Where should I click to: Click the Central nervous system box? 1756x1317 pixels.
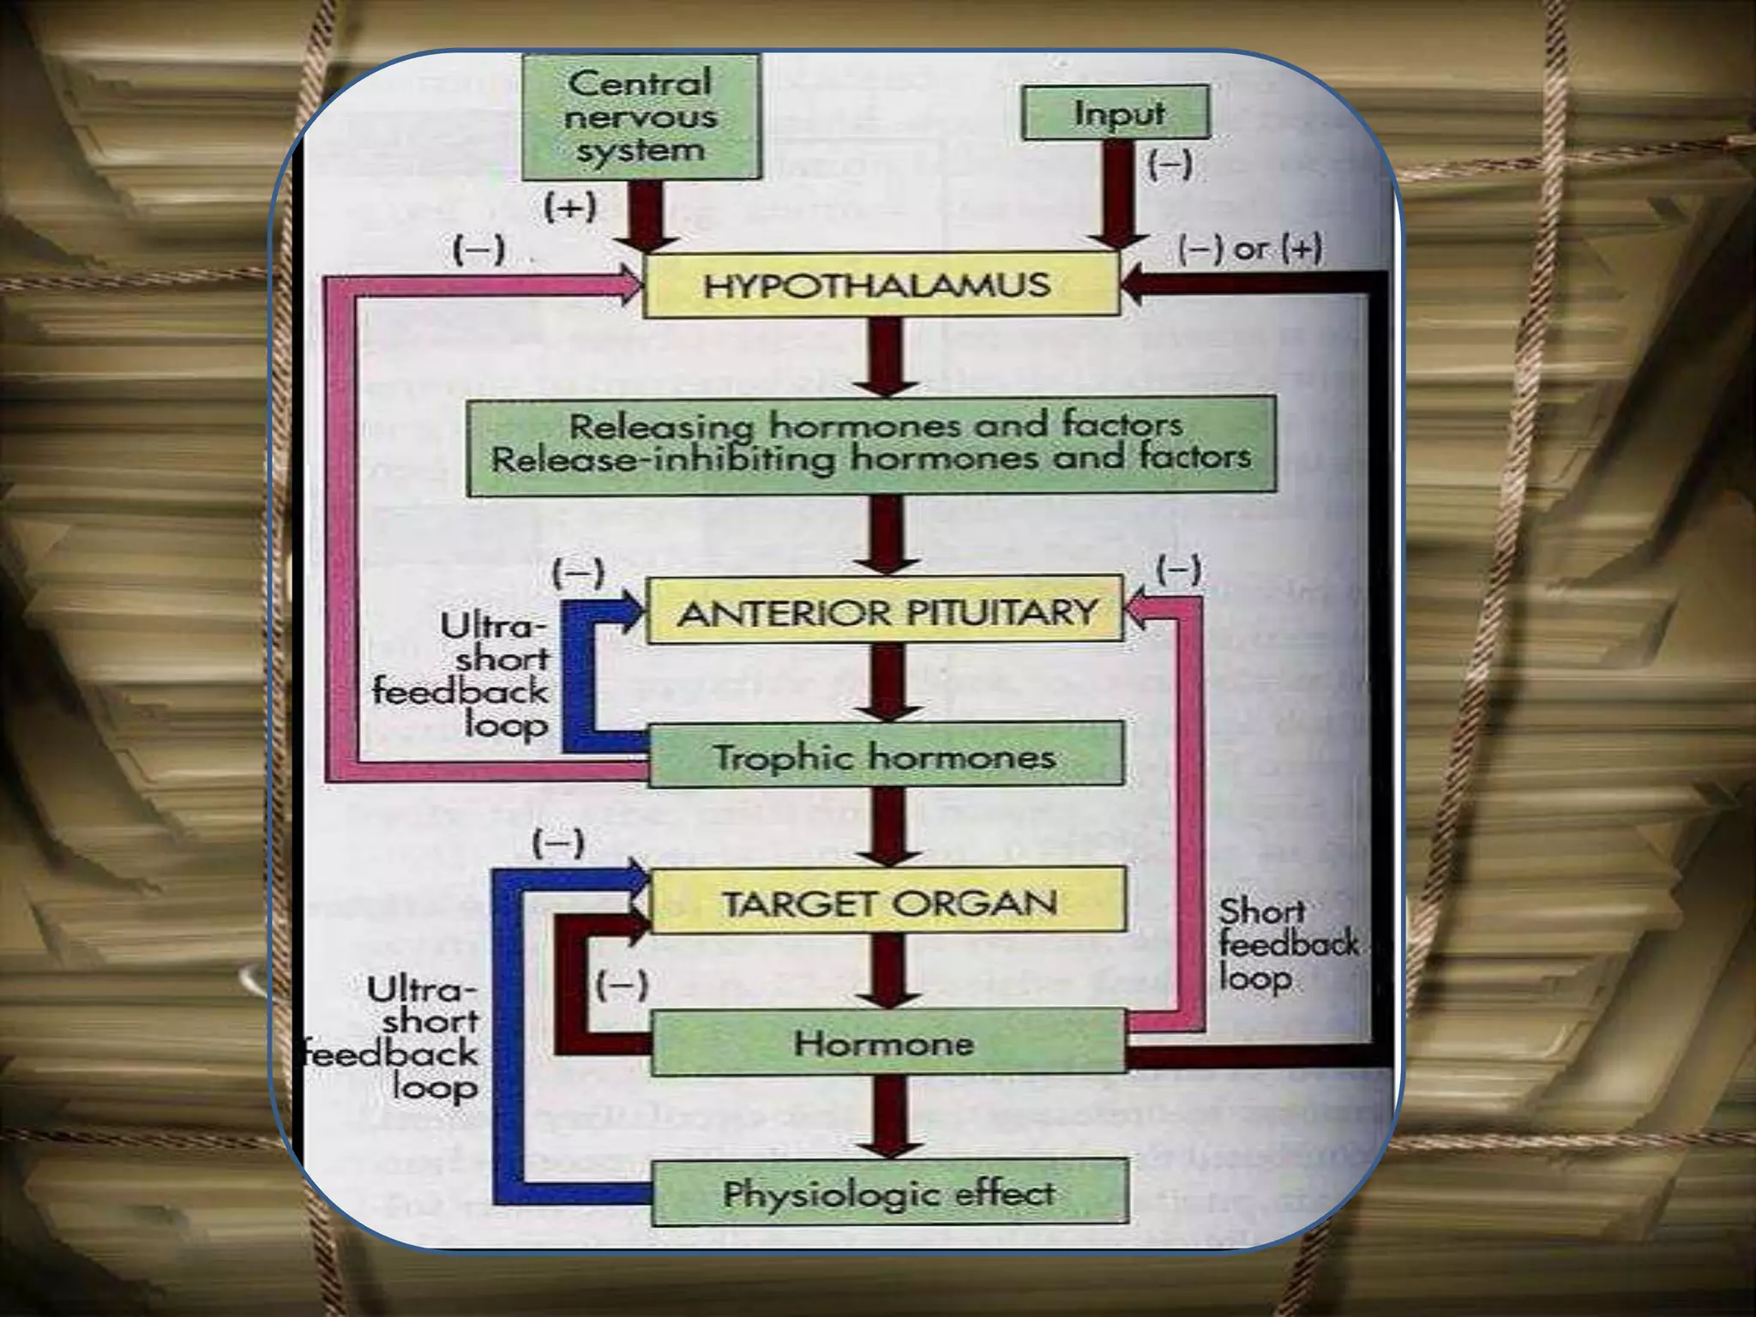click(640, 117)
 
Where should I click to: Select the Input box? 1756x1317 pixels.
click(1116, 112)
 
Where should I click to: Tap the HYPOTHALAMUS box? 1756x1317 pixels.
click(880, 286)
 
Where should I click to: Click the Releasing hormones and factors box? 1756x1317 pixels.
click(871, 443)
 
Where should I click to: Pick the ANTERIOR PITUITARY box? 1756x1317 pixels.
click(884, 610)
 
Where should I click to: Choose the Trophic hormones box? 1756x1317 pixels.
click(885, 755)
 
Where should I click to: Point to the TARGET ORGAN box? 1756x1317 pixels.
click(888, 901)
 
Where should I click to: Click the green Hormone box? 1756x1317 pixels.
click(886, 1042)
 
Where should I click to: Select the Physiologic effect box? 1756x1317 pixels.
click(889, 1193)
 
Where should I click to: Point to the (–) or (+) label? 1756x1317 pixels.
click(1250, 250)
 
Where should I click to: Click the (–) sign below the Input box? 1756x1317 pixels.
click(1170, 164)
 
